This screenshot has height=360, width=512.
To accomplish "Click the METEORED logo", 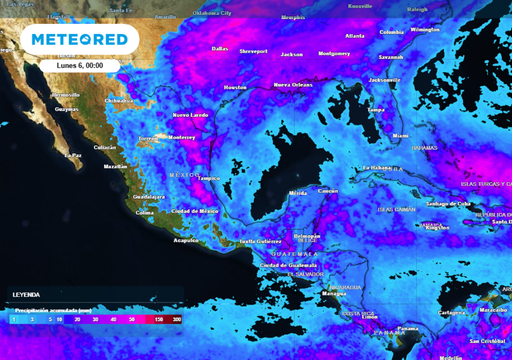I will point(79,40).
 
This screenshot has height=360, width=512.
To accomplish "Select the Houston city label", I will point(235,88).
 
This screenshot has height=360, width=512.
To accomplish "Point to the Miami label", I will point(400,135).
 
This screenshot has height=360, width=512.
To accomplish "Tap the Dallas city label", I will point(220,48).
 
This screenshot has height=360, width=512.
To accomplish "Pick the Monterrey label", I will point(181,137).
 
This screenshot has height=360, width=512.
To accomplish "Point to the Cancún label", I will point(327,190).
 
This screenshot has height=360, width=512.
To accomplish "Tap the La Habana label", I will point(376,167).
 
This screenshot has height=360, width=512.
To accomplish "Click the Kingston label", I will point(437,227).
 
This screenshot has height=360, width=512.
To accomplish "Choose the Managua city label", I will point(334,294).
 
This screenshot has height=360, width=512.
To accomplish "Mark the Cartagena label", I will point(453,312).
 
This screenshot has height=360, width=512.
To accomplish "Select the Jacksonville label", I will point(385,79).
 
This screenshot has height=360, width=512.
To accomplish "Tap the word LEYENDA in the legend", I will point(26,295).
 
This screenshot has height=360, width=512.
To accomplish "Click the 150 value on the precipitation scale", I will point(159,318).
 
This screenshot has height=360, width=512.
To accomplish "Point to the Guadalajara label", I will point(149,197).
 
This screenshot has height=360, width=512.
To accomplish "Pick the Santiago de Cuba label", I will point(448,204).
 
